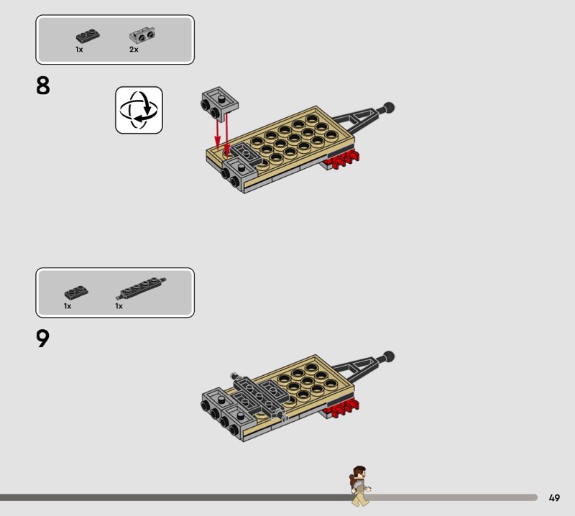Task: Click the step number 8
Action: [43, 86]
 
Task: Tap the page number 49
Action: [554, 497]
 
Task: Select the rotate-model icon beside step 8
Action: [139, 110]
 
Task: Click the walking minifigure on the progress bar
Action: [360, 486]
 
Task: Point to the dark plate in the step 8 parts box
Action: [88, 36]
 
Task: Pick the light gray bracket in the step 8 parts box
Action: [142, 35]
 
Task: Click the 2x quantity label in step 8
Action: [134, 50]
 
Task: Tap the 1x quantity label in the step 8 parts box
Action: [79, 50]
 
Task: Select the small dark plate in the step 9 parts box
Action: [76, 292]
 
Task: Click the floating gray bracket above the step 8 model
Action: [219, 103]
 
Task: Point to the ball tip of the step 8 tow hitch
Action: [388, 108]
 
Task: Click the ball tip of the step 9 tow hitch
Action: [388, 356]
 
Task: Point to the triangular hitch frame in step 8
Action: [359, 119]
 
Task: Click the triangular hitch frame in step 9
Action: [359, 368]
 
